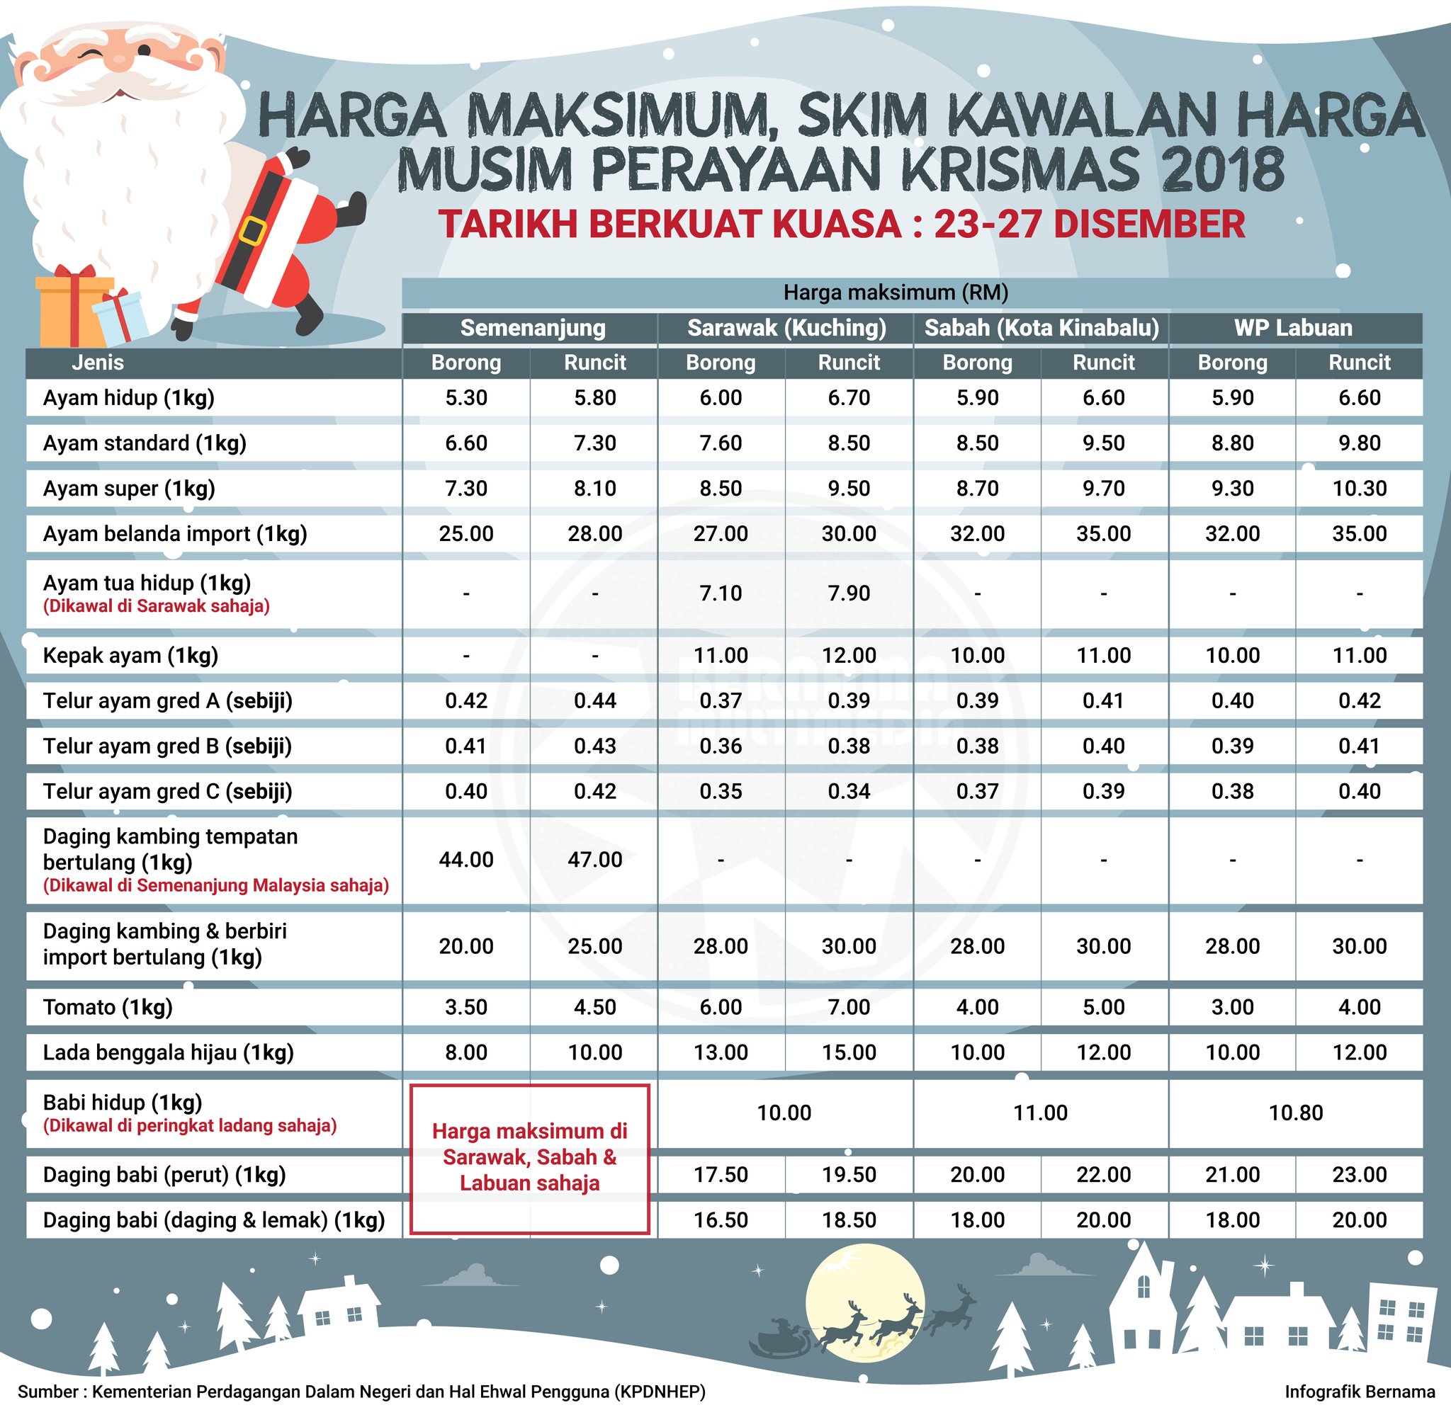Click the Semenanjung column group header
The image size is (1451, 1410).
[533, 328]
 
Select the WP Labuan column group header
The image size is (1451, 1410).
[1293, 328]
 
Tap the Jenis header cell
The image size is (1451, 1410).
[98, 363]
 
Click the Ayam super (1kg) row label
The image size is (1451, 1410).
[129, 489]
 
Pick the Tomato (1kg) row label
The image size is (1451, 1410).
[108, 1007]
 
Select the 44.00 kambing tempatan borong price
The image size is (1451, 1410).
[466, 860]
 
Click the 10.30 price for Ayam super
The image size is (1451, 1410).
[1359, 489]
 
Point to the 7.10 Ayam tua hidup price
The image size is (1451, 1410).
[721, 593]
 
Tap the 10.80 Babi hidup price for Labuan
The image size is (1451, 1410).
[1295, 1113]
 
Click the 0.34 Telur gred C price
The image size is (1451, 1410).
[849, 792]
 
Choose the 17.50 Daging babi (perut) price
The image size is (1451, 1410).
[721, 1174]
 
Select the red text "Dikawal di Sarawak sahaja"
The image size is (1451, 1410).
[157, 606]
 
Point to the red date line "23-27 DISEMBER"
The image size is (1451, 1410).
[1089, 224]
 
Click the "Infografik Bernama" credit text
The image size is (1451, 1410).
[1359, 1392]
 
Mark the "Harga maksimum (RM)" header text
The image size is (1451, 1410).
[896, 293]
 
